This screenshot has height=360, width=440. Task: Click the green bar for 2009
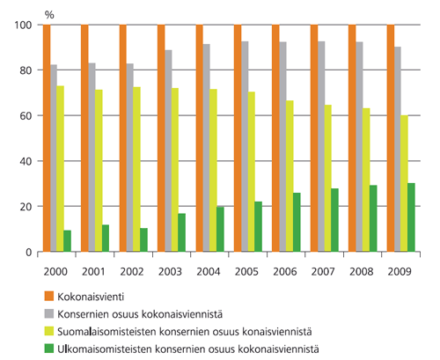(411, 217)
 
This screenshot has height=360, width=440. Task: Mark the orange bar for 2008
(353, 138)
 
